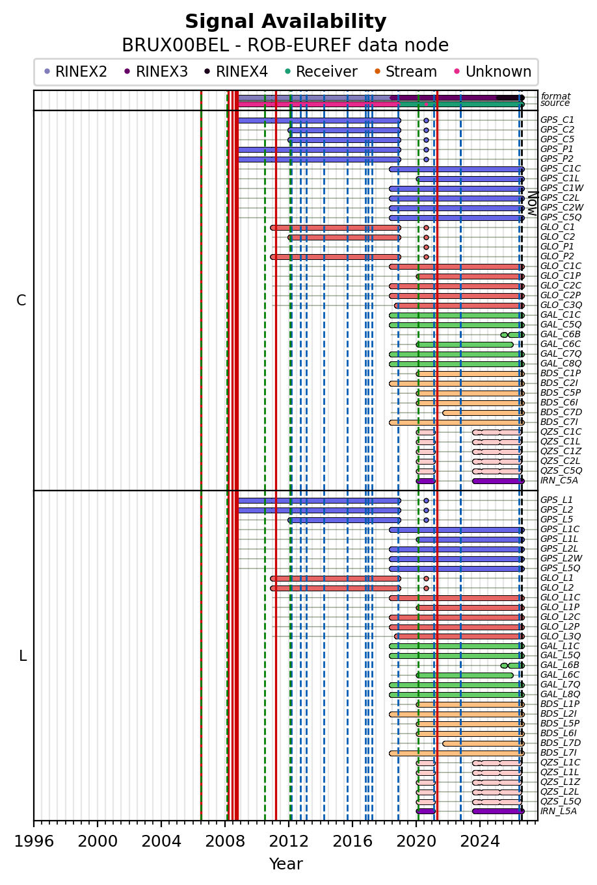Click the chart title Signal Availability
(x=285, y=21)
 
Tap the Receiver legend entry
(x=321, y=72)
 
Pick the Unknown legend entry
(x=493, y=72)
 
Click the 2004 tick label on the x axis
(x=161, y=841)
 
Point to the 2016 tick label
(x=352, y=841)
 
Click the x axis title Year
(x=286, y=864)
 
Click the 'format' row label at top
(x=555, y=96)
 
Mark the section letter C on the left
(x=21, y=301)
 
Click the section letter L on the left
(x=23, y=656)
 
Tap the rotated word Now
(x=533, y=203)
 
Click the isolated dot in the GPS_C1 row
(x=426, y=120)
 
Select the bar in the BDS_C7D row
(x=483, y=413)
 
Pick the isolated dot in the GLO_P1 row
(x=426, y=248)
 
